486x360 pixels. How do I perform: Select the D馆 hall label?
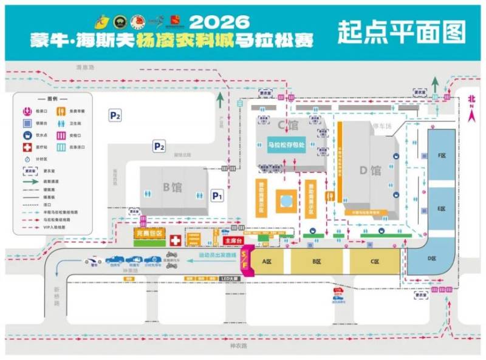[369, 170]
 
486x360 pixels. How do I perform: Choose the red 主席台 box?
[233, 240]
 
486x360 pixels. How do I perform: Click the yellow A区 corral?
[265, 262]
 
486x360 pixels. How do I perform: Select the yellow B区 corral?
[316, 262]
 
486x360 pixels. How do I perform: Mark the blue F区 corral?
[442, 156]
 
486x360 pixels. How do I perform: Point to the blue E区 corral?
[442, 208]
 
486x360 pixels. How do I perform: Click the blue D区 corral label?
[432, 259]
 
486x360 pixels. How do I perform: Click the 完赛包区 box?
[148, 233]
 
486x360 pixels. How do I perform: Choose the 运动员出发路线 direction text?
[216, 256]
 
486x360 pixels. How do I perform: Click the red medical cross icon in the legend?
[27, 148]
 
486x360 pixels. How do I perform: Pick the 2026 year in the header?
[219, 21]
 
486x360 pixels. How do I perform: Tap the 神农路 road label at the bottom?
[239, 346]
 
